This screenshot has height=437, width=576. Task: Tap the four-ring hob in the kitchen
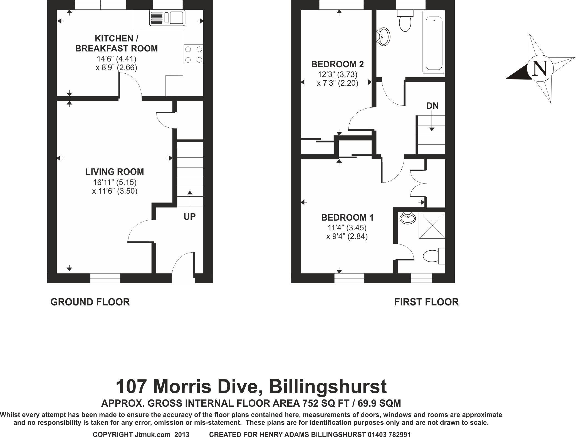pos(193,55)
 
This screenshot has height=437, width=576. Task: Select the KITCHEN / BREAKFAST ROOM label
pos(117,43)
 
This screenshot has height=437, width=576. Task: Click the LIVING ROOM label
pos(115,172)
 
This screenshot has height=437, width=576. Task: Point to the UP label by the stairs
pos(190,217)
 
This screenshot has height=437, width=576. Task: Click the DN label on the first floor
pos(432,106)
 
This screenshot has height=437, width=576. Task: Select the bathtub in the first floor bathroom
pos(434,44)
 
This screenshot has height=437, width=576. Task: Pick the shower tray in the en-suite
pos(432,225)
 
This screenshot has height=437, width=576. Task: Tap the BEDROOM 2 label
pos(337,65)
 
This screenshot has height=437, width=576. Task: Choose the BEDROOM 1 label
pos(347,218)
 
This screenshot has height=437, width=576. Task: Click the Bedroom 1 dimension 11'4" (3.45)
pos(347,228)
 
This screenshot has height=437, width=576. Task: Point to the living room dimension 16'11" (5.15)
pos(115,182)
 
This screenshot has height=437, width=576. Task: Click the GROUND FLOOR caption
pos(90,302)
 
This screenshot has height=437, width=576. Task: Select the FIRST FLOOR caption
pos(426,302)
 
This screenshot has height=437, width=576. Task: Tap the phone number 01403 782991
pos(389,434)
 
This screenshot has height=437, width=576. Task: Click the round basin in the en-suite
pos(407,218)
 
